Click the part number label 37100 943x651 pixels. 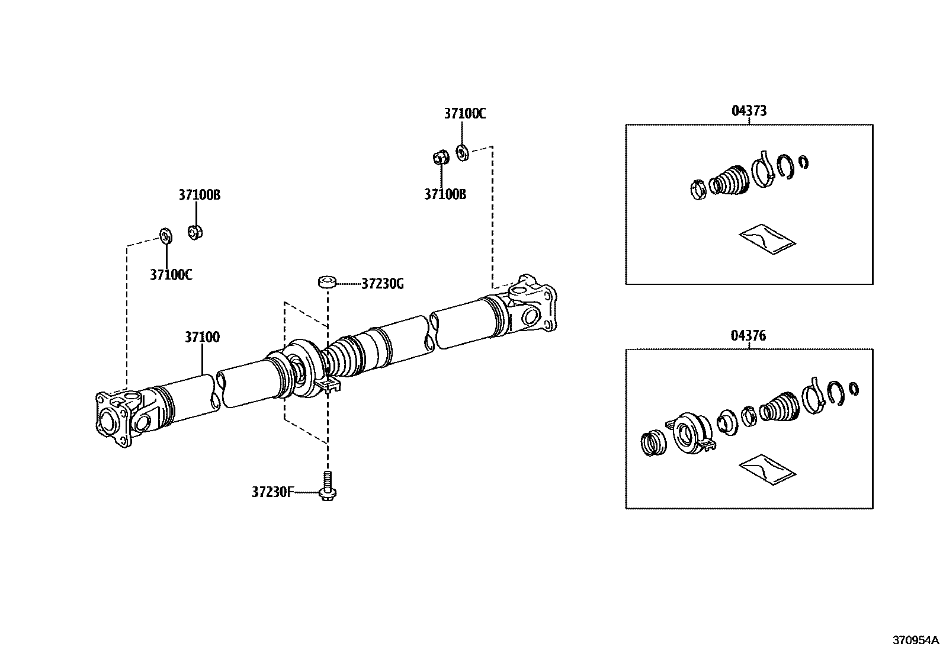pyautogui.click(x=202, y=337)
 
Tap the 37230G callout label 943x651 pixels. pyautogui.click(x=382, y=284)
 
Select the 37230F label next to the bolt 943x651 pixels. pyautogui.click(x=272, y=492)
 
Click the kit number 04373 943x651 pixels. pyautogui.click(x=749, y=111)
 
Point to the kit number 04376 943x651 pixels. pyautogui.click(x=749, y=336)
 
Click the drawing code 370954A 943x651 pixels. pyautogui.click(x=916, y=640)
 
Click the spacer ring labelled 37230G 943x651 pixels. pyautogui.click(x=326, y=281)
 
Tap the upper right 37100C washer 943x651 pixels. pyautogui.click(x=463, y=153)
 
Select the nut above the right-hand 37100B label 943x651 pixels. pyautogui.click(x=440, y=158)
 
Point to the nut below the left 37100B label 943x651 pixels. pyautogui.click(x=195, y=232)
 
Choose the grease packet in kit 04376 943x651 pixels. pyautogui.click(x=767, y=470)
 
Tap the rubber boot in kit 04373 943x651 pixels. pyautogui.click(x=730, y=179)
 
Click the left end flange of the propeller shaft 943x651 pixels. pyautogui.click(x=113, y=419)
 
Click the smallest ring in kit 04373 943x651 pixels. pyautogui.click(x=804, y=162)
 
